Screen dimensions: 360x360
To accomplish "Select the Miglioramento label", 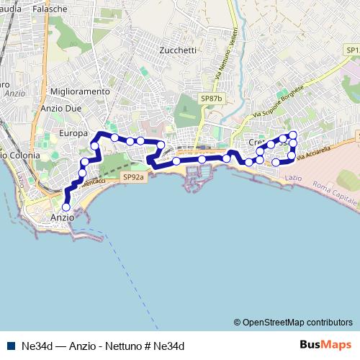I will tap(81, 92).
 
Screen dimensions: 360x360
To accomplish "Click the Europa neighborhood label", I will tap(73, 133).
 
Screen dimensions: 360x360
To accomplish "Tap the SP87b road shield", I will tap(212, 99).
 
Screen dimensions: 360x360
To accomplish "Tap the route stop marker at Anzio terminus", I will tap(67, 207).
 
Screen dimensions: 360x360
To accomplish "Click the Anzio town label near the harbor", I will tap(62, 217).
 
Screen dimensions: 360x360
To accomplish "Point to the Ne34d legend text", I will tap(103, 346).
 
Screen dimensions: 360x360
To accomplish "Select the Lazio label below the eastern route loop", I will tap(293, 177).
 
